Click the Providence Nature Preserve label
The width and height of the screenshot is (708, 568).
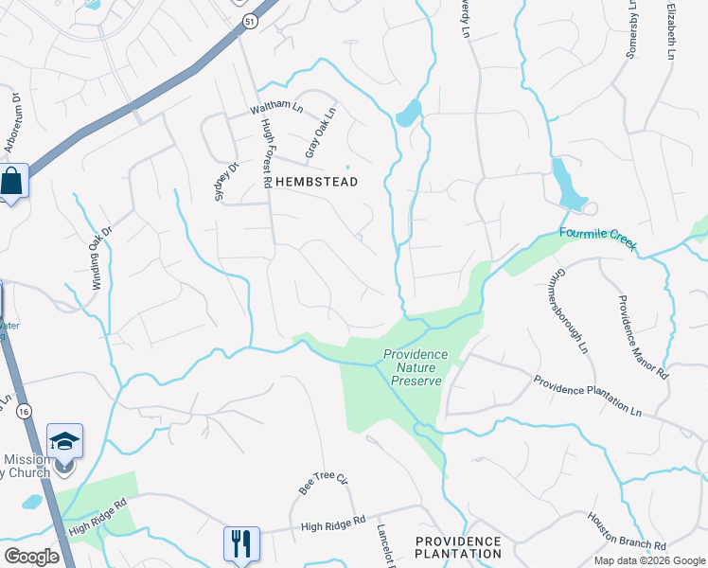click(x=413, y=367)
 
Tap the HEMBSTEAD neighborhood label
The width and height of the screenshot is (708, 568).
click(x=316, y=182)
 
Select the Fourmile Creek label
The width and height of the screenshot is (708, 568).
click(x=599, y=238)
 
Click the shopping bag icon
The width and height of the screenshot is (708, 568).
click(x=12, y=181)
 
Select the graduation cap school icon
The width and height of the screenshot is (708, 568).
click(x=64, y=443)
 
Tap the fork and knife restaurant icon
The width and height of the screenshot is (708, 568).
click(x=240, y=543)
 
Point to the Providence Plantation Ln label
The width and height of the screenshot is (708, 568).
click(x=587, y=396)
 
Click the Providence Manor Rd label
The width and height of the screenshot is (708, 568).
click(x=643, y=337)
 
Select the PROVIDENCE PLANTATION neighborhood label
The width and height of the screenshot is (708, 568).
click(x=458, y=546)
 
